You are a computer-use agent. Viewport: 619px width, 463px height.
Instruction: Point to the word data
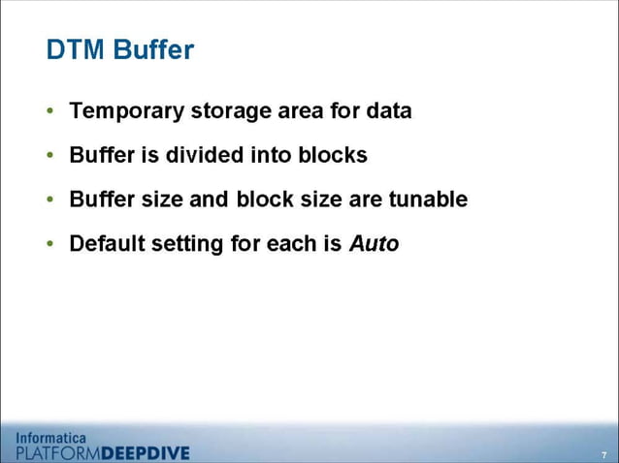click(388, 111)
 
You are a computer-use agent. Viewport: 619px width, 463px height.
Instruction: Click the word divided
click(197, 155)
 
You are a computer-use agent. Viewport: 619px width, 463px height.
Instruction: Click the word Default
click(107, 244)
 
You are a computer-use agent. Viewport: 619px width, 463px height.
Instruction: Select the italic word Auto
click(374, 244)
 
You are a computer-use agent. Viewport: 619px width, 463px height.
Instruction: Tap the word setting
click(188, 244)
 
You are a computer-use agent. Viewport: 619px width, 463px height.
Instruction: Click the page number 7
click(603, 454)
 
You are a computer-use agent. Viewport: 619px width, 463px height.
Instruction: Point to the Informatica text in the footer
click(51, 437)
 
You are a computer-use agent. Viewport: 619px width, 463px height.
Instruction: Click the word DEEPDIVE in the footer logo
click(146, 452)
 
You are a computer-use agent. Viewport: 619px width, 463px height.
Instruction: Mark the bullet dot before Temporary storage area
click(50, 111)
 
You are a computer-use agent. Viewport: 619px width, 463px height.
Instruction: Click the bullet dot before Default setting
click(50, 244)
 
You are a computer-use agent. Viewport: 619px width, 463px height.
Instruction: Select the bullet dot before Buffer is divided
click(50, 156)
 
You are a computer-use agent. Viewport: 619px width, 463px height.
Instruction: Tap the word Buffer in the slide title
click(153, 50)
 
